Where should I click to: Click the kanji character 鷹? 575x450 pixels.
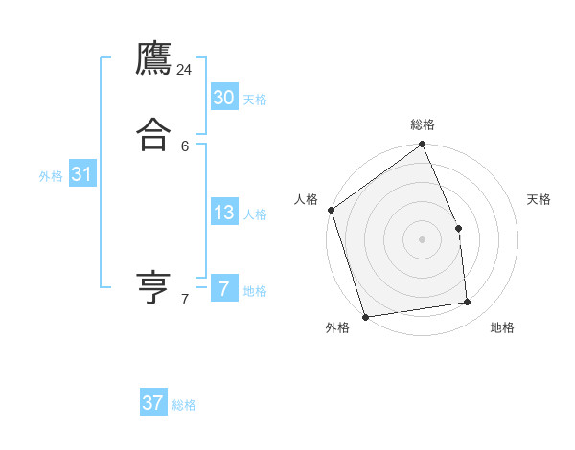click(x=154, y=59)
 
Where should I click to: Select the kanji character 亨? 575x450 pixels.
click(x=154, y=288)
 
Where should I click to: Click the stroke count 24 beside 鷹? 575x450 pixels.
click(x=185, y=70)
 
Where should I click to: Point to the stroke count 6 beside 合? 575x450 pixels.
click(x=185, y=146)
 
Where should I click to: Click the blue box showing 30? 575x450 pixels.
click(x=224, y=98)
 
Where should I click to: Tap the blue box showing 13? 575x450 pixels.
click(x=224, y=213)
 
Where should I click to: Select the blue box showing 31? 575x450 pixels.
click(x=82, y=174)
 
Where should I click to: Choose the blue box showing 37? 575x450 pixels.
click(x=153, y=403)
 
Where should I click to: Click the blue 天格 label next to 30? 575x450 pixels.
click(x=255, y=100)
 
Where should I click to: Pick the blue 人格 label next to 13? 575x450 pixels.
click(x=255, y=214)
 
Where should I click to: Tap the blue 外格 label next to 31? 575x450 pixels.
click(x=51, y=176)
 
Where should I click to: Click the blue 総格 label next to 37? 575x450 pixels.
click(x=184, y=405)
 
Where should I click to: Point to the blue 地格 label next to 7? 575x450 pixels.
click(x=255, y=291)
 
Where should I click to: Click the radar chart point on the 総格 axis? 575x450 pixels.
click(x=423, y=145)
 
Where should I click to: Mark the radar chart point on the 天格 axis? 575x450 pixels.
click(x=458, y=228)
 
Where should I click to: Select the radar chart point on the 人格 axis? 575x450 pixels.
click(x=331, y=210)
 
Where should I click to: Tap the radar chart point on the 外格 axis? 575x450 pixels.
click(x=365, y=316)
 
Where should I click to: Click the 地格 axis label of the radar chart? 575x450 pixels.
click(x=502, y=328)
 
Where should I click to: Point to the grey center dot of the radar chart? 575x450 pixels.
click(x=422, y=239)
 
